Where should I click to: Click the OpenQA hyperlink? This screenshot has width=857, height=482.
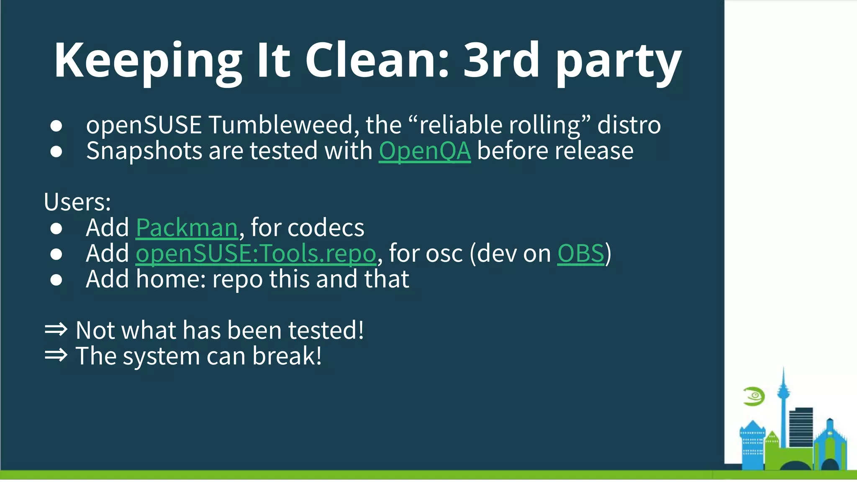424,151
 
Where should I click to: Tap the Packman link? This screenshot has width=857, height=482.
187,228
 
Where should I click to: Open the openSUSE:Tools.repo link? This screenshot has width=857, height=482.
256,254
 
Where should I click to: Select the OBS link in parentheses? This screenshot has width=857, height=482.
580,254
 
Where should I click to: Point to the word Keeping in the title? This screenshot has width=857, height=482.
148,61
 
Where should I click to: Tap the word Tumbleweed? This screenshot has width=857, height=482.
283,125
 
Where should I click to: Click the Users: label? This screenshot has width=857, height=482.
77,202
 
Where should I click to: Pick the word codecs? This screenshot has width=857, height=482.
331,228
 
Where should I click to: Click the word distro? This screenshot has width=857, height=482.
629,125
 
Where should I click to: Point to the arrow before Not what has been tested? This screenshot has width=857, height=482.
56,330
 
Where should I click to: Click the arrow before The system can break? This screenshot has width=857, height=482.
56,355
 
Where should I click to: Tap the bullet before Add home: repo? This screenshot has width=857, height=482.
56,280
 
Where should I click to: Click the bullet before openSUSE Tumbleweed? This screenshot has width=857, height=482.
56,126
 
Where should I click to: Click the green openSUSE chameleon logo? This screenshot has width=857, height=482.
754,396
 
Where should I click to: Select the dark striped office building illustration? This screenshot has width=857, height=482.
801,427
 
